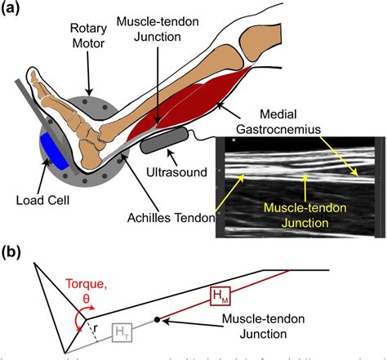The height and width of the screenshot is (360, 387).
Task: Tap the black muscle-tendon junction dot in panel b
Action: [157, 320]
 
